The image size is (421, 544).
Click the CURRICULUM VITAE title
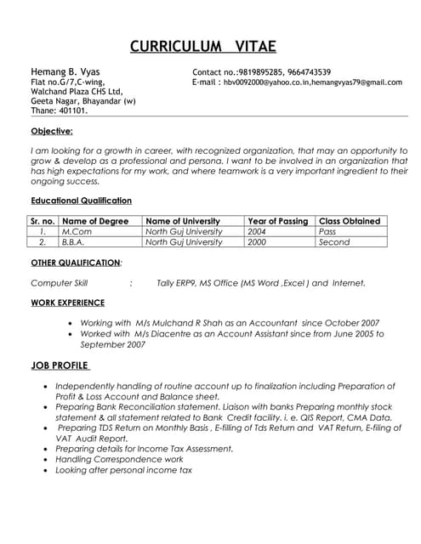pyautogui.click(x=203, y=46)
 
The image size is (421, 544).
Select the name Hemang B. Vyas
pyautogui.click(x=60, y=72)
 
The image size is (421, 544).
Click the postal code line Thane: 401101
pyautogui.click(x=60, y=110)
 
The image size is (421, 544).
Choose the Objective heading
pyautogui.click(x=52, y=131)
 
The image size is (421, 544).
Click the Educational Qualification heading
pyautogui.click(x=81, y=201)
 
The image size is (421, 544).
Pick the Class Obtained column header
pyautogui.click(x=349, y=221)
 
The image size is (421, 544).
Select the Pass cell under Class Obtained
pyautogui.click(x=327, y=231)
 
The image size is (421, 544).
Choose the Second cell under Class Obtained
pyautogui.click(x=334, y=241)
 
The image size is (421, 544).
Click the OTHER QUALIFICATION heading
pyautogui.click(x=76, y=263)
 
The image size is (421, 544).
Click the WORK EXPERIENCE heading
pyautogui.click(x=68, y=303)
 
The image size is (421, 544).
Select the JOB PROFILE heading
pyautogui.click(x=60, y=365)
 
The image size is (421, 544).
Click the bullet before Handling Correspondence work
pyautogui.click(x=45, y=459)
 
